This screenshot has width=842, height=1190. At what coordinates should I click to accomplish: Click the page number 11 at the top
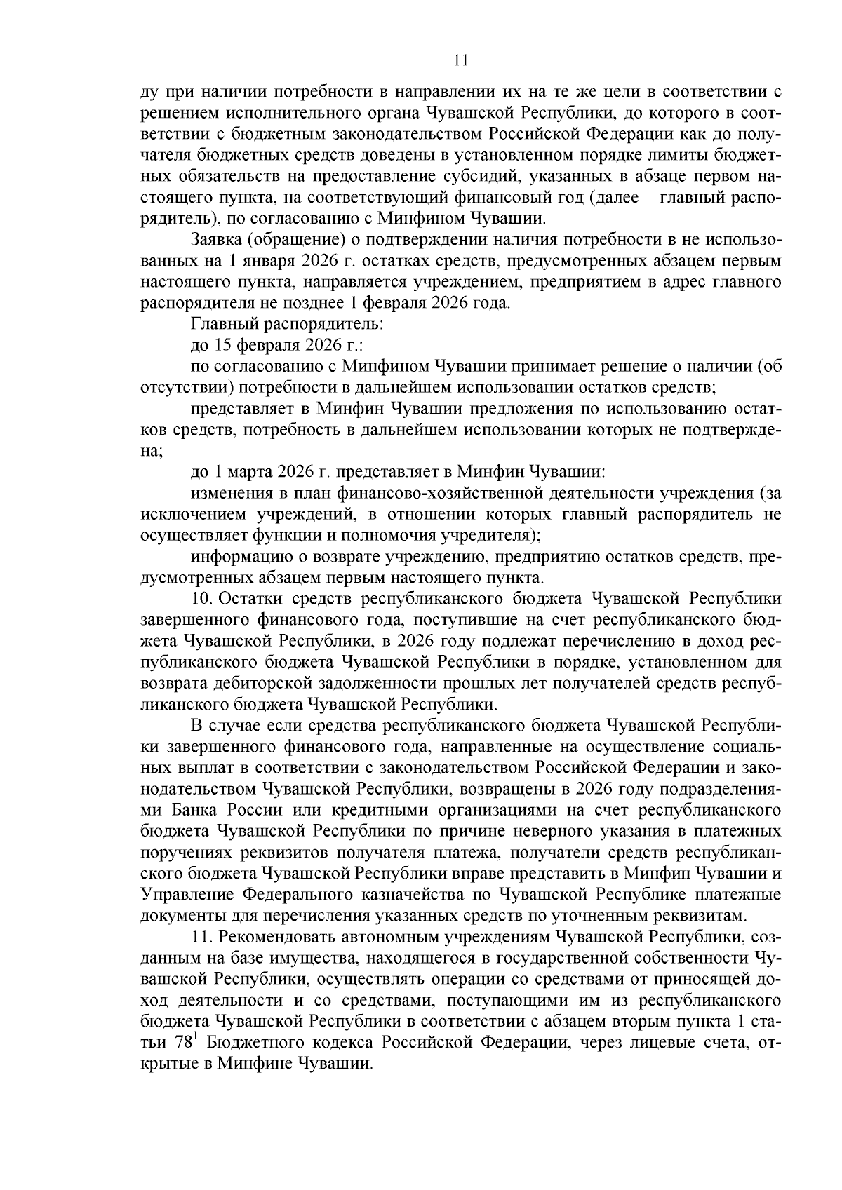[460, 60]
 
